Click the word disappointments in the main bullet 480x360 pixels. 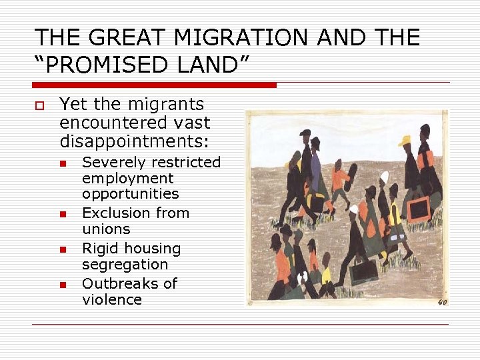tap(134, 141)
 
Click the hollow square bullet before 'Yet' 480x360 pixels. tap(38, 105)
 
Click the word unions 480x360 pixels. tap(106, 229)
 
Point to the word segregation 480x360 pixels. tap(125, 265)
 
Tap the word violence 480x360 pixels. tap(111, 300)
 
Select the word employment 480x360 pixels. tap(127, 179)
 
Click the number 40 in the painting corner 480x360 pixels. tap(441, 301)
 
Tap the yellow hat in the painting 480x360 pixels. tap(405, 141)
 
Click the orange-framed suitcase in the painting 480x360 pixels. tap(419, 209)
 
